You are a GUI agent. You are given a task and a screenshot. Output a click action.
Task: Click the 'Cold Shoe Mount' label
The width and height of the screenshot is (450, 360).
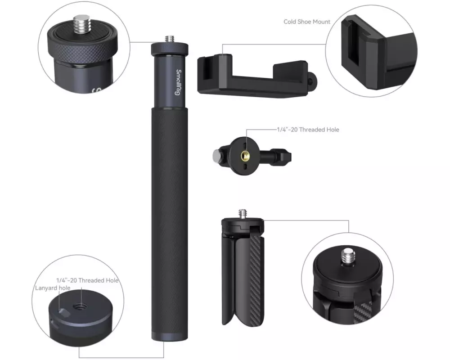point(307,22)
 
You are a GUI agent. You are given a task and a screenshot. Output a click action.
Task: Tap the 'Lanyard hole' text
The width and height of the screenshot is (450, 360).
point(53,288)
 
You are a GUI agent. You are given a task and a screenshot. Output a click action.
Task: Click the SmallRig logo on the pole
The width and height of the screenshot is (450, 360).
point(179,82)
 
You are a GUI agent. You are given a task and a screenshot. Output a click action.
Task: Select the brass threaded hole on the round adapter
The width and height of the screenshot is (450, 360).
point(245,156)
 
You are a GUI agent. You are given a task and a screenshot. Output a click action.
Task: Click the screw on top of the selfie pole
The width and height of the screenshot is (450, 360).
point(170,39)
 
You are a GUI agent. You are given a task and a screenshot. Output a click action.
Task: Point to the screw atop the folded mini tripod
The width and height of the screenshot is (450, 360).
point(243,214)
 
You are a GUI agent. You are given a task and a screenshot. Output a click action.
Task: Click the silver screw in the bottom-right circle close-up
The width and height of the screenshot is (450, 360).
point(348,256)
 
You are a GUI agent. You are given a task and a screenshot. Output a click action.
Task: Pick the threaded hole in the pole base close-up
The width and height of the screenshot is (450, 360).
point(79,307)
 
